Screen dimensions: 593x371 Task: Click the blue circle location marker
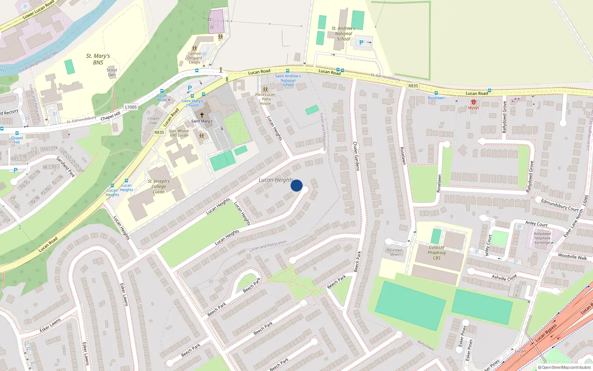[296, 185]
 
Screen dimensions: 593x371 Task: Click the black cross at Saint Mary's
[202, 115]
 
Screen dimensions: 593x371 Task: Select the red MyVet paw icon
[473, 102]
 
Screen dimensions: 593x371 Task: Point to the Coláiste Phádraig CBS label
[437, 253]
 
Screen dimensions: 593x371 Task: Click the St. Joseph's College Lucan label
[159, 186]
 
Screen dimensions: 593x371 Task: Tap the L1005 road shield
[130, 107]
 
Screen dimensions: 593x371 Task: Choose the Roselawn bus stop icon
[436, 93]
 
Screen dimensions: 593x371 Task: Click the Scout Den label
[112, 72]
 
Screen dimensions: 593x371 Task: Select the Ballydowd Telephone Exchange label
[542, 238]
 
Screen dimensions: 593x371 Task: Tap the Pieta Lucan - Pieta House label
[265, 99]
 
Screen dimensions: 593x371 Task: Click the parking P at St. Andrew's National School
[361, 43]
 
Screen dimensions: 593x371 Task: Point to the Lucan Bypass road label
[546, 333]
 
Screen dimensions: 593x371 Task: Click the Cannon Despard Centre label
[195, 58]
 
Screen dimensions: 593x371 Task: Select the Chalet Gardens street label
[356, 156]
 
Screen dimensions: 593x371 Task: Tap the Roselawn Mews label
[394, 252]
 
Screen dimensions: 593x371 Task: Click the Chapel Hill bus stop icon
[17, 133]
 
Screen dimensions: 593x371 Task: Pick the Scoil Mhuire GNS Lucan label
[179, 133]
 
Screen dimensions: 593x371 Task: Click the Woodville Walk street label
[572, 256]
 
